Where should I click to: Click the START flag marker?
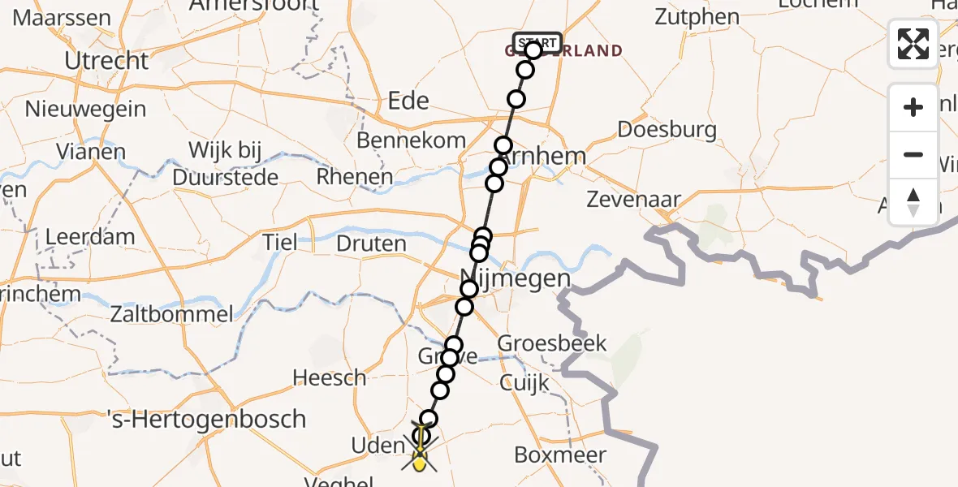(x=537, y=42)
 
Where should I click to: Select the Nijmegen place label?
(x=516, y=278)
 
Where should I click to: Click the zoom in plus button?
(x=913, y=107)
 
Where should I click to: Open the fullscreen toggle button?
(x=913, y=44)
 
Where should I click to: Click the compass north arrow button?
(x=913, y=202)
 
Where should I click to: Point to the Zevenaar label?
(x=633, y=200)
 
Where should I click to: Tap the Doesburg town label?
(x=667, y=129)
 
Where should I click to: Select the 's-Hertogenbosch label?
(x=207, y=420)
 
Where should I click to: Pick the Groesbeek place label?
(x=552, y=343)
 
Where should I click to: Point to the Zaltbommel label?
(x=174, y=313)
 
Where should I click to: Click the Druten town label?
(x=371, y=243)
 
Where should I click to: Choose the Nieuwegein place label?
(x=85, y=109)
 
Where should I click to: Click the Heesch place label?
(x=330, y=377)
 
